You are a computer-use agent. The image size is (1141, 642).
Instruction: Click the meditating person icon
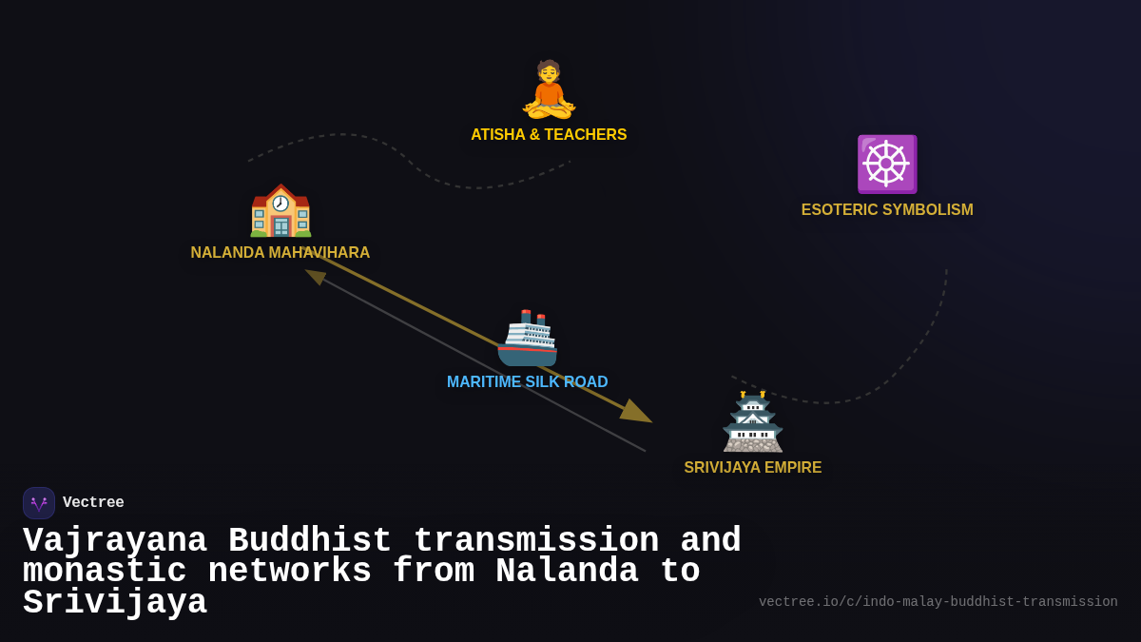coord(549,89)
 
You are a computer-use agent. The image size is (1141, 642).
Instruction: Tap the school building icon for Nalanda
coord(280,211)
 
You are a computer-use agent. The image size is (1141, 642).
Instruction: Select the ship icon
coord(528,338)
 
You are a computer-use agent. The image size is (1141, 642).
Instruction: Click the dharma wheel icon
coord(886,164)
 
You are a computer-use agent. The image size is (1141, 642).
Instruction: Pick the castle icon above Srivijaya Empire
coord(753,421)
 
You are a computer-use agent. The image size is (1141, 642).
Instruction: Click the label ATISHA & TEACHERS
coord(549,135)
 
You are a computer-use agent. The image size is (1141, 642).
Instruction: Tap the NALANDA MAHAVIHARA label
coord(280,253)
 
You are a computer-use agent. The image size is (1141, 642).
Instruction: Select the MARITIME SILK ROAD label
coord(528,382)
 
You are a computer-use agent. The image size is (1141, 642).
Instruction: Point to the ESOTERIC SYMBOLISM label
coord(887,210)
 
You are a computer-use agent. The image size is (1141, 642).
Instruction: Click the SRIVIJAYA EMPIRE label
coord(753,468)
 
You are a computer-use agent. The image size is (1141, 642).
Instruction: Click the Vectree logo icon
coord(39,503)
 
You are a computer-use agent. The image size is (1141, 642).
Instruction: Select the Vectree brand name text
coord(93,503)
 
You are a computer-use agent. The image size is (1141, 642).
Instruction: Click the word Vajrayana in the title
coord(115,541)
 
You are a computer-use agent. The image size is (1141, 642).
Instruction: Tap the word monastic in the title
coord(105,572)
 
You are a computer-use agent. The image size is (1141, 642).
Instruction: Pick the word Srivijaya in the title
coord(115,603)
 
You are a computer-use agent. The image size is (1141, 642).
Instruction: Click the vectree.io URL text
coord(938,602)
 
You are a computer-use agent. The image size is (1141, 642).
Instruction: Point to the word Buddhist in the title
coord(310,541)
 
